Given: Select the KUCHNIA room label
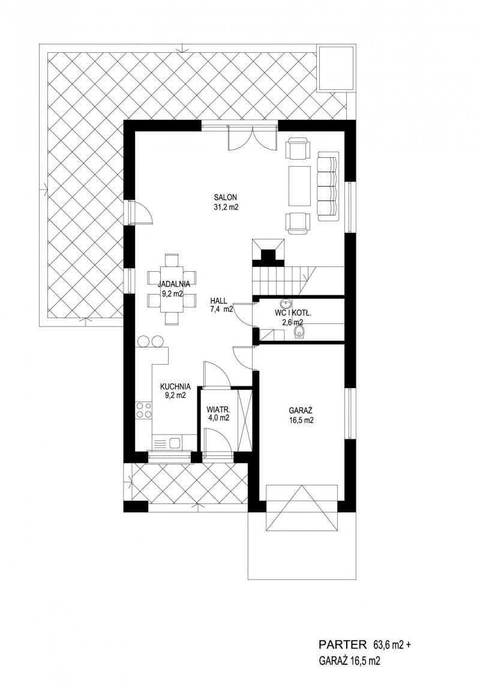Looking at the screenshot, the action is click(x=175, y=386).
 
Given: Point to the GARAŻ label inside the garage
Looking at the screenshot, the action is click(x=301, y=411).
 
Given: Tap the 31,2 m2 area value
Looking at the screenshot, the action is click(x=226, y=206).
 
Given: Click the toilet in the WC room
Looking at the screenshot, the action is click(x=300, y=332).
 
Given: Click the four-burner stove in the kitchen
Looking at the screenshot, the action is click(x=143, y=410).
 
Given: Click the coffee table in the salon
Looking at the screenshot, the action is click(x=299, y=186).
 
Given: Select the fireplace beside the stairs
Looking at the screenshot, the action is click(x=268, y=251).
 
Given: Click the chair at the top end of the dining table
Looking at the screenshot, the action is click(x=172, y=259).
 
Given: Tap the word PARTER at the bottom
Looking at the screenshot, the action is click(x=343, y=644).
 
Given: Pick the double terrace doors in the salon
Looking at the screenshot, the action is click(x=252, y=138).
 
